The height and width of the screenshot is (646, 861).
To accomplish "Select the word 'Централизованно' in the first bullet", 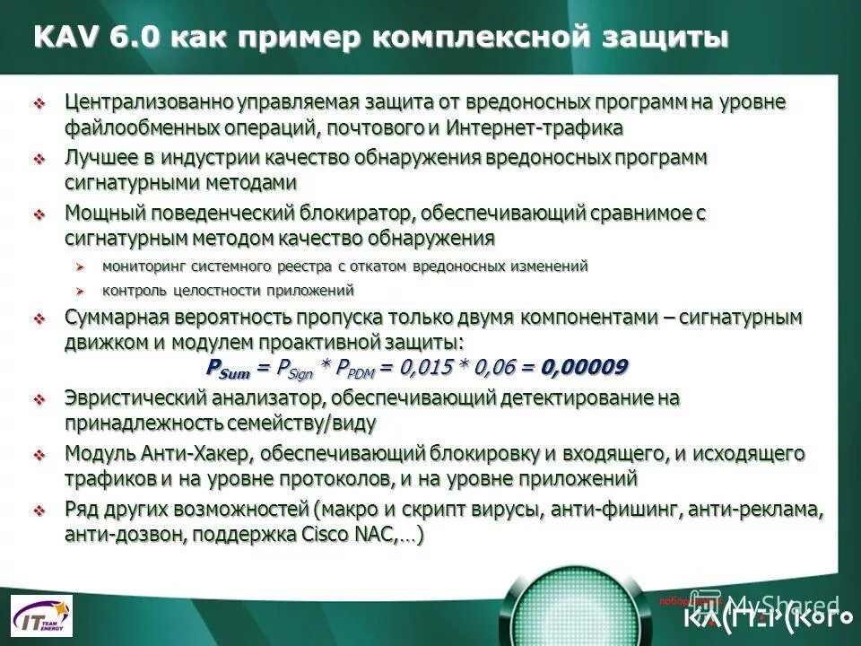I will point(149,102).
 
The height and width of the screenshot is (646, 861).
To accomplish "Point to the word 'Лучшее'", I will point(100,157).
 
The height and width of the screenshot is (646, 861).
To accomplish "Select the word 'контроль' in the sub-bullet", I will point(133,291).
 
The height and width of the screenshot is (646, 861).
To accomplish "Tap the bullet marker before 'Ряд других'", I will point(39,511).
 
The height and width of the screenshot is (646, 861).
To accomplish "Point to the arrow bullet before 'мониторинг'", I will point(80,267).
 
